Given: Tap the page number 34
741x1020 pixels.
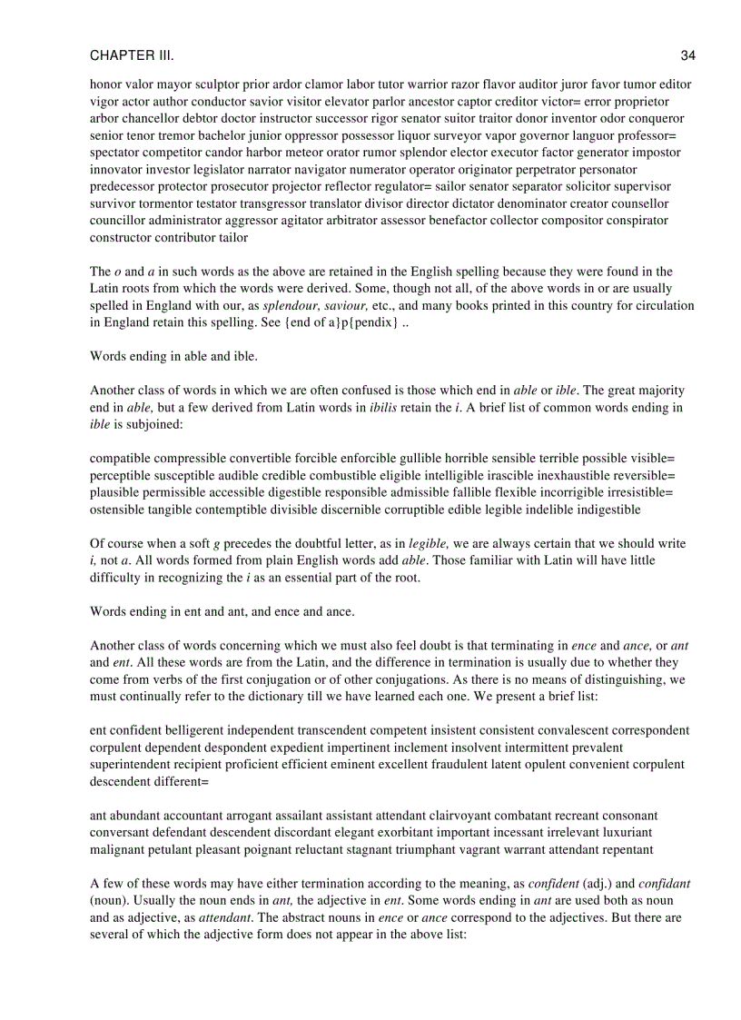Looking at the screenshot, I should [687, 56].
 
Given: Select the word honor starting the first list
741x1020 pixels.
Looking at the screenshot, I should [105, 84].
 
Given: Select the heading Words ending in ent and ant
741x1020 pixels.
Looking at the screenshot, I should [222, 611].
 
